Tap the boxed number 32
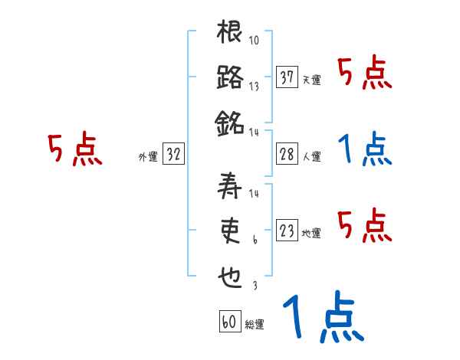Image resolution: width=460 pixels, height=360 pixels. click(x=174, y=154)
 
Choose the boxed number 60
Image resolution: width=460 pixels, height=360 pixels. click(x=229, y=321)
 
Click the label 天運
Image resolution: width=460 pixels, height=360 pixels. click(x=311, y=80)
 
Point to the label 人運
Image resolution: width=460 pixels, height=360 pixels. click(x=311, y=156)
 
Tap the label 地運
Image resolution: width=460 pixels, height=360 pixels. click(x=311, y=233)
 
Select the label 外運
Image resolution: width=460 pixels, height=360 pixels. click(x=148, y=156)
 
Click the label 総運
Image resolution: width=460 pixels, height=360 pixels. click(x=255, y=324)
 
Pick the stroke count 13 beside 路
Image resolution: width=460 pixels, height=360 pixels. click(x=255, y=86)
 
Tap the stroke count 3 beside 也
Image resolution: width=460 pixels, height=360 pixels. click(x=254, y=285)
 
